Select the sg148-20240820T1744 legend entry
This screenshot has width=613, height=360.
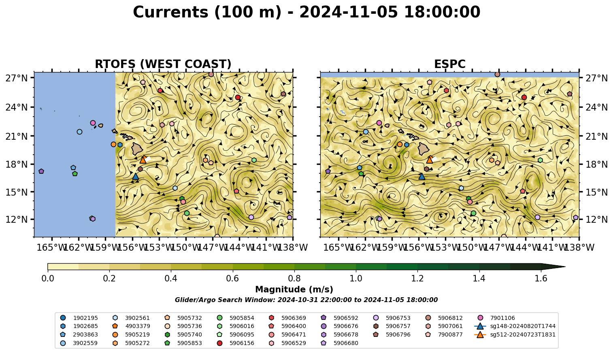[x=515, y=326]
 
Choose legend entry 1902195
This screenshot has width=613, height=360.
[x=79, y=318]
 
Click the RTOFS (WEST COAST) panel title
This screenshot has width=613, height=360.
[x=163, y=64]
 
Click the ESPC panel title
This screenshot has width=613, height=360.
[x=449, y=64]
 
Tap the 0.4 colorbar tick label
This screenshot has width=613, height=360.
[x=171, y=279]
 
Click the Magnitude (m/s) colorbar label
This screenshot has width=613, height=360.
[x=294, y=290]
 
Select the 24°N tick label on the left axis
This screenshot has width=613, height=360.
[x=17, y=107]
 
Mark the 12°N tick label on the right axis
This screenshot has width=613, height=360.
[x=596, y=219]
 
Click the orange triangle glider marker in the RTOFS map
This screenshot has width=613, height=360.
[x=143, y=160]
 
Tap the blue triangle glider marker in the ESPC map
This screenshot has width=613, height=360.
[x=422, y=176]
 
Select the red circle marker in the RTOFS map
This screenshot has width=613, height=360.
[x=238, y=97]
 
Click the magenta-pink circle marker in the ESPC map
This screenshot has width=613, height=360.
[x=379, y=123]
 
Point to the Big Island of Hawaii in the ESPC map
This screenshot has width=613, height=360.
[x=424, y=149]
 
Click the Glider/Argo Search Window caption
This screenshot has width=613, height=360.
[x=306, y=300]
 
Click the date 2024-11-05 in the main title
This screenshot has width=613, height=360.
[x=349, y=12]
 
